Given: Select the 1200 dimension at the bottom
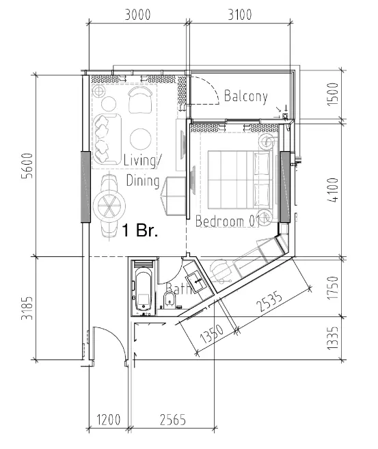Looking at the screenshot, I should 107,418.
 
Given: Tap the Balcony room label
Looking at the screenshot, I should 245,96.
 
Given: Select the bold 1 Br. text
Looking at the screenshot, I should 140,230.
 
